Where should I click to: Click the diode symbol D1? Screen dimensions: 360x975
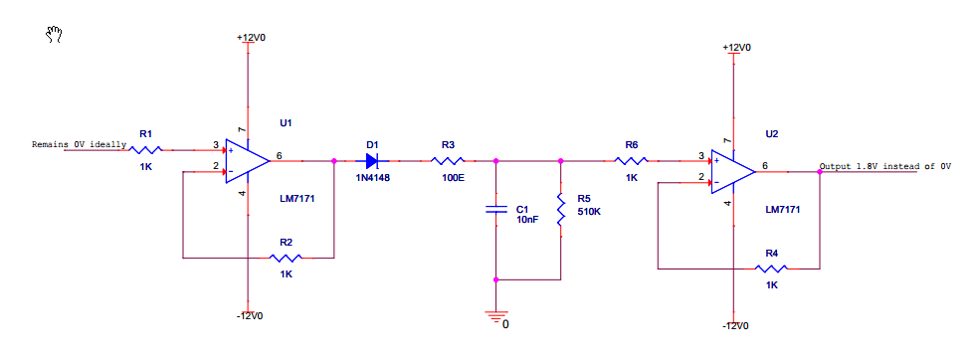coord(373,160)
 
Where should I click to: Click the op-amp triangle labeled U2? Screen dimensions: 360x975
coord(733,172)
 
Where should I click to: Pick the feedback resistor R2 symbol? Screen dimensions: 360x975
coord(286,258)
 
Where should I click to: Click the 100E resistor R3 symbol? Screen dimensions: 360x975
coord(449,160)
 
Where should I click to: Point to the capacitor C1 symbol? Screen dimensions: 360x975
coord(495,210)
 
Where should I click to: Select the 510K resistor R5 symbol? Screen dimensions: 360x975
coord(561,210)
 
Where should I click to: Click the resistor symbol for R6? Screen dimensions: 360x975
coord(632,160)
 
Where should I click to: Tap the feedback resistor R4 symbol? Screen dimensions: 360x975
coord(771,269)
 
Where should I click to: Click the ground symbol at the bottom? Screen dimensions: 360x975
coord(494,317)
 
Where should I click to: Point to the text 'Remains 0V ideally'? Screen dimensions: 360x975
coord(79,144)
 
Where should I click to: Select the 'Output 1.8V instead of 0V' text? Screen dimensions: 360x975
coord(885,166)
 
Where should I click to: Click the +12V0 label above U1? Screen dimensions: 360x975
coord(251,37)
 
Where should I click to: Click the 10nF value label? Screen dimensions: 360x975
coord(526,220)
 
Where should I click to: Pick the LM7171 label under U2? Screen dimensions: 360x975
coord(782,210)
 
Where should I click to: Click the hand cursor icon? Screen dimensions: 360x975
coord(55,36)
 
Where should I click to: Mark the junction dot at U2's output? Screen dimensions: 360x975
coord(820,172)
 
